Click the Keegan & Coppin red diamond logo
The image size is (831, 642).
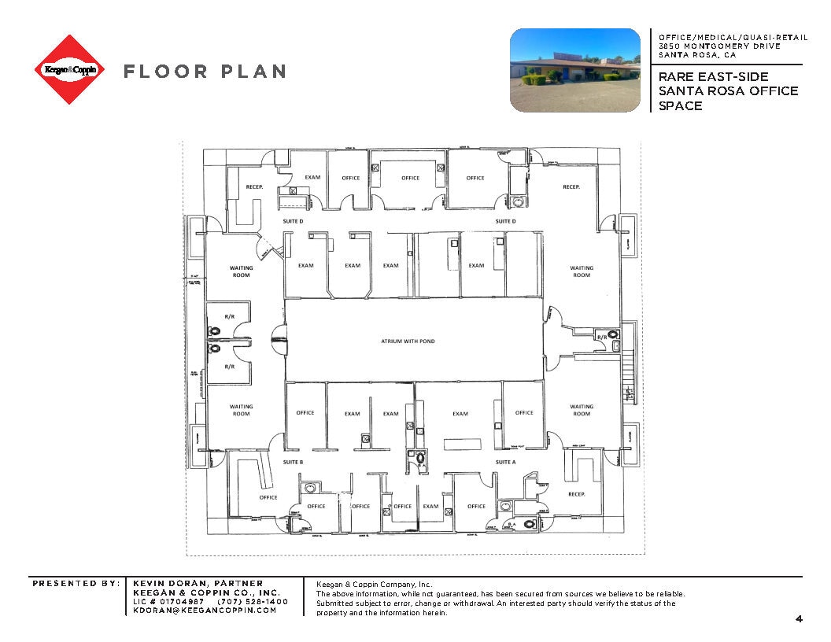click(69, 69)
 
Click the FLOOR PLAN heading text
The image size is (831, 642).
click(204, 72)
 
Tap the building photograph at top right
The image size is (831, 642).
click(574, 70)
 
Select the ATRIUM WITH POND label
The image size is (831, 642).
click(408, 341)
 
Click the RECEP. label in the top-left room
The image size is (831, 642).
click(254, 187)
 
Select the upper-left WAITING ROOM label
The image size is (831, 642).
click(241, 271)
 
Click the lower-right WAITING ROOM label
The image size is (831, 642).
click(582, 410)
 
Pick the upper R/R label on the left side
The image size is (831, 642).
click(230, 316)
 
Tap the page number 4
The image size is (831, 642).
click(799, 619)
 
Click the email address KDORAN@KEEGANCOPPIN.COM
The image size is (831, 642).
click(205, 611)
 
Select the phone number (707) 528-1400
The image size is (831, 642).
click(258, 601)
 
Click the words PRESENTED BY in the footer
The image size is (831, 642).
click(75, 583)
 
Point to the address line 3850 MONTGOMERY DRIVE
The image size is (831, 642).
click(719, 46)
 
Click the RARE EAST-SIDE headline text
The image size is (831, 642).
click(713, 76)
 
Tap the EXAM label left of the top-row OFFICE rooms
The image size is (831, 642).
click(312, 177)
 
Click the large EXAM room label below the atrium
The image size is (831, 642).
click(460, 414)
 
